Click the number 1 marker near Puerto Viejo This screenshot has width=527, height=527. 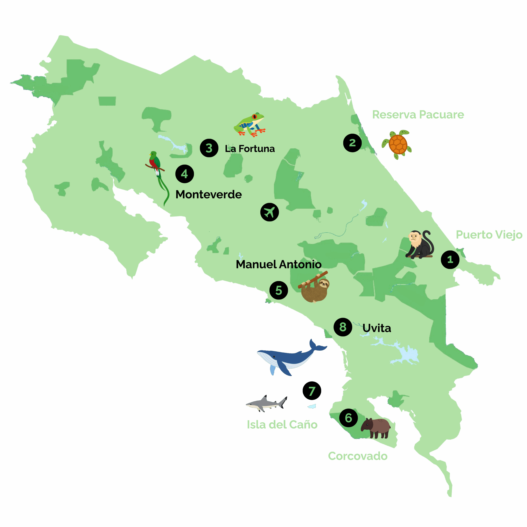(450, 259)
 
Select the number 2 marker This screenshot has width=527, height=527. (352, 143)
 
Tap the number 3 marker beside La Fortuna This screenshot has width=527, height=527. (209, 148)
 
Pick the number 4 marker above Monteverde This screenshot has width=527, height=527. (184, 174)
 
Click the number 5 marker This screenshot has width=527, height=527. (279, 290)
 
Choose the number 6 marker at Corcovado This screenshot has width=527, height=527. (348, 418)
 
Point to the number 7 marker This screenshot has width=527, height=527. (312, 391)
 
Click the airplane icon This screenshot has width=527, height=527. (269, 212)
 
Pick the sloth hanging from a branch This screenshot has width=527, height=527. (315, 288)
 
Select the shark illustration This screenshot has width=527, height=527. (266, 403)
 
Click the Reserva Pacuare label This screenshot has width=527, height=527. (418, 115)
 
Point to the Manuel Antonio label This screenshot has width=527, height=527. (279, 264)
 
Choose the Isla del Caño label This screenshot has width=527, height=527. (282, 424)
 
